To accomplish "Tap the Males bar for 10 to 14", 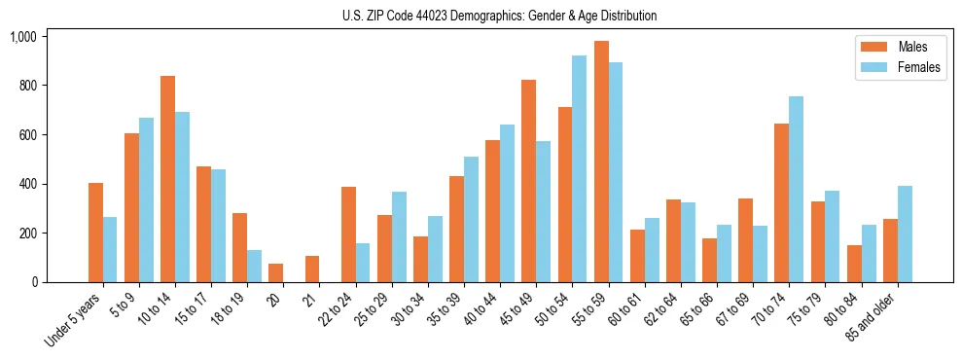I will [167, 179].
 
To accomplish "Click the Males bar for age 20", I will [275, 273].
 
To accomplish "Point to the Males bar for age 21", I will [311, 270].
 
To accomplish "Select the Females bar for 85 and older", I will [905, 234].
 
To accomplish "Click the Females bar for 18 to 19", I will [254, 267].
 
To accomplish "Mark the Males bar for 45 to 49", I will [528, 181].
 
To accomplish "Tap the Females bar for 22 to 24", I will [362, 263].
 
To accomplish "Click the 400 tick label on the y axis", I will [27, 184].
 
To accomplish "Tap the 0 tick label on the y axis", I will [34, 282].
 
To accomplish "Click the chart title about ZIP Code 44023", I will [499, 16].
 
